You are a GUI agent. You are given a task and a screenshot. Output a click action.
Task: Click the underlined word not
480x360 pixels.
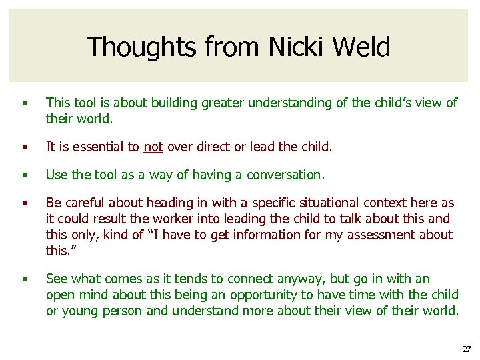tap(153, 146)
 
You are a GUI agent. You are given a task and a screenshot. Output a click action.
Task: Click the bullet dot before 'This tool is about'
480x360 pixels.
tap(25, 103)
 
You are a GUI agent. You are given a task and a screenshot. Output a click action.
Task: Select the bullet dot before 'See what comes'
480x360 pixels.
tap(25, 279)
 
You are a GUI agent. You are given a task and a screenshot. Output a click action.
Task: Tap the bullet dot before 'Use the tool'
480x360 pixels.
tap(25, 175)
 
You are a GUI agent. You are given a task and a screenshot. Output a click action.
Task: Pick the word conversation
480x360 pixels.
tap(285, 175)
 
